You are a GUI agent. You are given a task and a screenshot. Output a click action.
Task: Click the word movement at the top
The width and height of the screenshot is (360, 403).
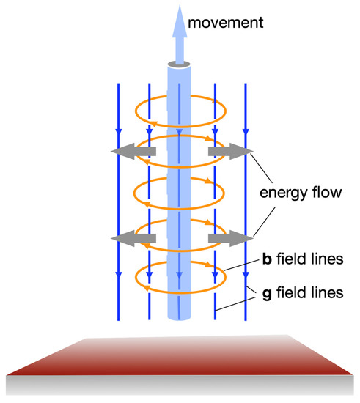[224, 24]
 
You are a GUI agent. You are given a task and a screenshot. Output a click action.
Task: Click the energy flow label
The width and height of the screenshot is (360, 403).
[301, 195]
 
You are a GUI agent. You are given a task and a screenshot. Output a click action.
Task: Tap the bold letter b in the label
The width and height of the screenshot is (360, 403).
[268, 259]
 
